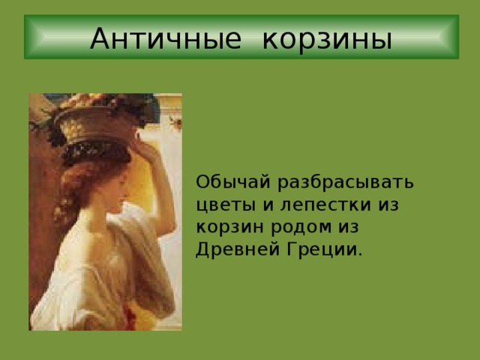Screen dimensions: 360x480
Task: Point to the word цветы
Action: pyautogui.click(x=222, y=205)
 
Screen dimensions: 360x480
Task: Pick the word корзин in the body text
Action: pyautogui.click(x=226, y=226)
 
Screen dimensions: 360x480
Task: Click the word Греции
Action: pyautogui.click(x=322, y=248)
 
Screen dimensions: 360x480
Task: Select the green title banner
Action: pyautogui.click(x=240, y=37)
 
